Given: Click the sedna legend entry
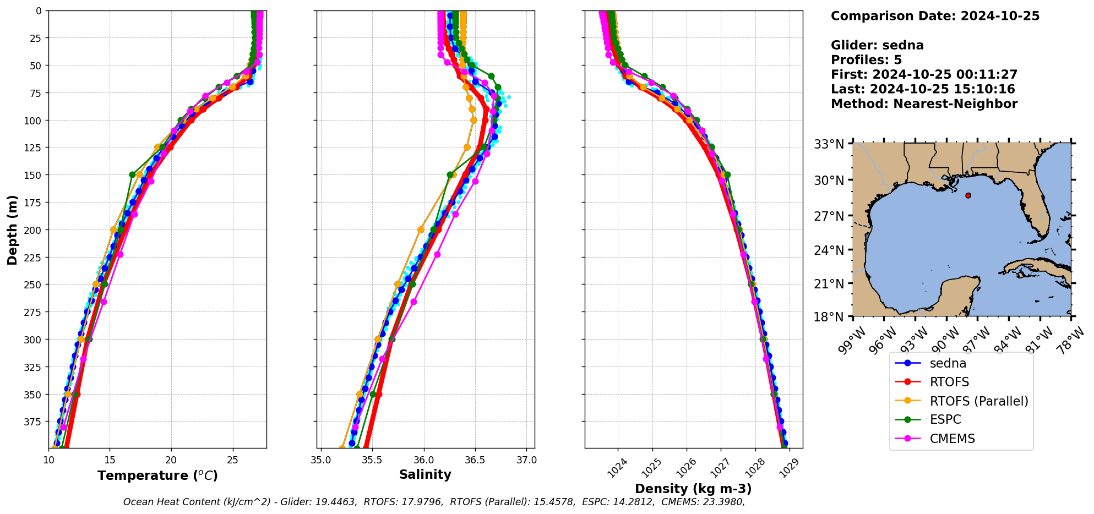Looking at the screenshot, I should (948, 363).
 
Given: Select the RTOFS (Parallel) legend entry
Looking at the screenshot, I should (978, 401).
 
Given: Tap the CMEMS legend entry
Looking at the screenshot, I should (952, 439).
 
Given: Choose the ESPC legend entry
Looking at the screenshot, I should (945, 419).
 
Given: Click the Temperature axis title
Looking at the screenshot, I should (157, 475).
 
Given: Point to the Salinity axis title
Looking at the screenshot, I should (425, 474).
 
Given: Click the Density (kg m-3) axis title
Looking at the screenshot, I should (693, 489).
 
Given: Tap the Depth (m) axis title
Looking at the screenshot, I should (12, 229).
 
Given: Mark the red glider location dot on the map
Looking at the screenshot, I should (968, 195).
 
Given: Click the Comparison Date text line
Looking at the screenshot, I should (935, 16).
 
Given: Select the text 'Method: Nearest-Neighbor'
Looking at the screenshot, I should (924, 103).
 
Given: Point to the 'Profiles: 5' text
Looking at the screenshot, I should (866, 59).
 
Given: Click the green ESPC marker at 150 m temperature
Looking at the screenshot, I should (132, 174).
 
